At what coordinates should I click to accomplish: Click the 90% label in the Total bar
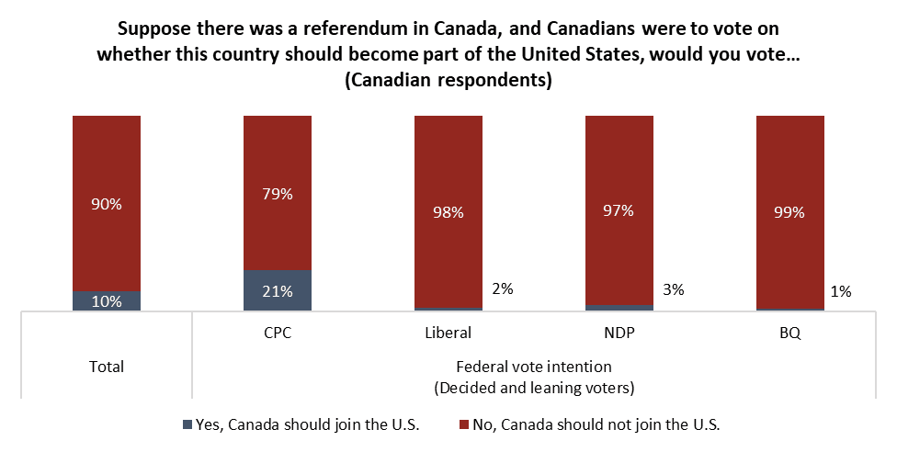(x=107, y=204)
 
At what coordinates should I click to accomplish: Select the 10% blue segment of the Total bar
(x=107, y=301)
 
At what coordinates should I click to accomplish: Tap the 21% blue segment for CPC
(x=278, y=291)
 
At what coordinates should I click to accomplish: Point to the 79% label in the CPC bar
(x=278, y=194)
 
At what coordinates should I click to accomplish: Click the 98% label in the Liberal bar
(x=448, y=211)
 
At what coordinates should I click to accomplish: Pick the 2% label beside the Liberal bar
(x=502, y=288)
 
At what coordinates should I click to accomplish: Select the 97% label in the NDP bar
(x=619, y=211)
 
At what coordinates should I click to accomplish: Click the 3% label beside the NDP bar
(x=673, y=289)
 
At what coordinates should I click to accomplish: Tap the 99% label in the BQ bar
(x=789, y=212)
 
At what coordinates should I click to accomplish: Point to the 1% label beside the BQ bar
(x=841, y=292)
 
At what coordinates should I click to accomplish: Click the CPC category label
(x=278, y=333)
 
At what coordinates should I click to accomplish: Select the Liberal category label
(x=448, y=333)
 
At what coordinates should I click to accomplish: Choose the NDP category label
(x=619, y=333)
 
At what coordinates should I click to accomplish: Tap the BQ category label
(x=789, y=333)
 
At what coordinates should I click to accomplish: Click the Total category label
(x=107, y=367)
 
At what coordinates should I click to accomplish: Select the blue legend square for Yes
(x=188, y=424)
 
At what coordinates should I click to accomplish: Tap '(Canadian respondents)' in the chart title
(x=448, y=81)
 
